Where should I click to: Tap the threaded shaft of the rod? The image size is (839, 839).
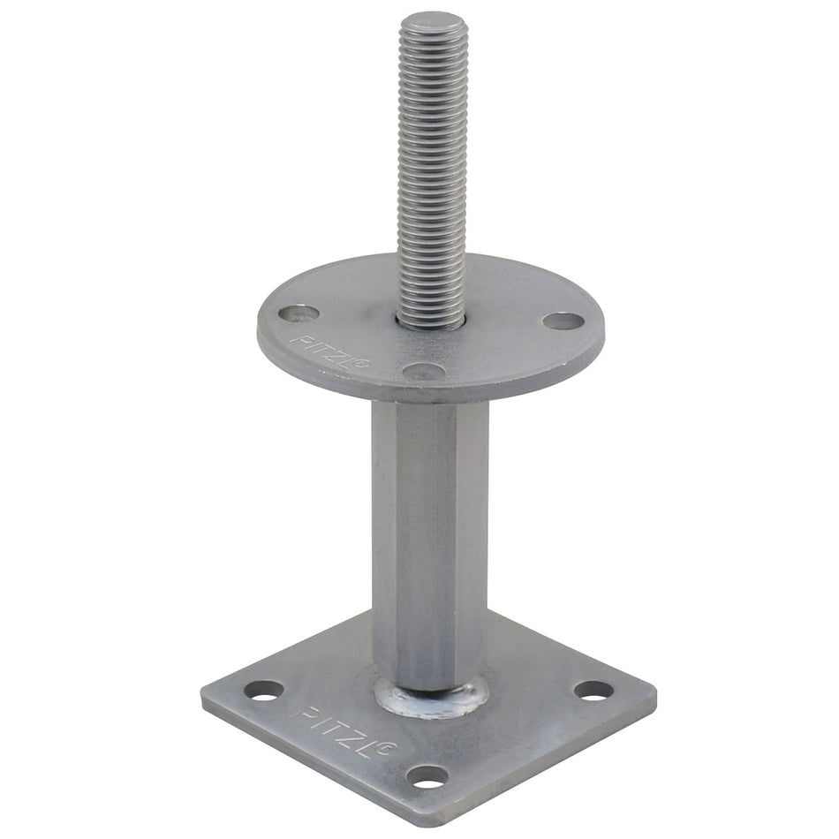[x=431, y=171]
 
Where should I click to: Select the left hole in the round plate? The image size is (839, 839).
[x=299, y=314]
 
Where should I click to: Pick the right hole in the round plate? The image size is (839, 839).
[x=563, y=321]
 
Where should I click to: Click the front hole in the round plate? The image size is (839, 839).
[x=423, y=371]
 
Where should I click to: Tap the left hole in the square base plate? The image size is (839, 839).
[x=264, y=690]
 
